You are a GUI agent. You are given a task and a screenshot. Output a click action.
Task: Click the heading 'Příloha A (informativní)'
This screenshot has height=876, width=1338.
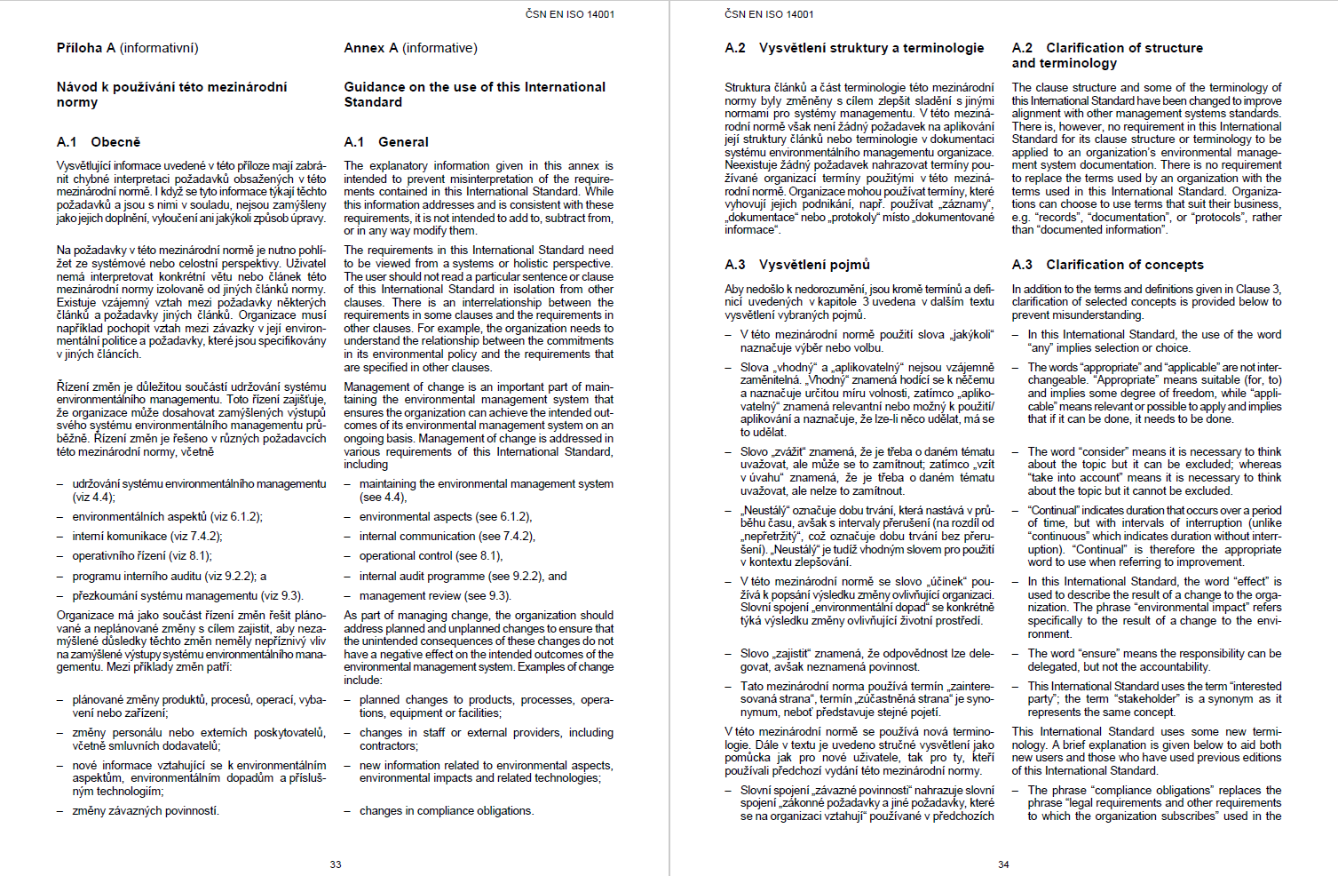(x=127, y=48)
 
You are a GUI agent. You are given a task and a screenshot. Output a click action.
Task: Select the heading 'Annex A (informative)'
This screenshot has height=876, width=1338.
(x=410, y=48)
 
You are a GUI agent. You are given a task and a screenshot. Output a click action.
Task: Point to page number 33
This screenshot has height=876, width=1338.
(x=336, y=864)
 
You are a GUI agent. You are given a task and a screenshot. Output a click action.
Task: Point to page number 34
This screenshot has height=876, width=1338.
(x=1003, y=864)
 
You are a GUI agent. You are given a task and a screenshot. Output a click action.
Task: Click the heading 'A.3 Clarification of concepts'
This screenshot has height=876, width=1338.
(x=1107, y=265)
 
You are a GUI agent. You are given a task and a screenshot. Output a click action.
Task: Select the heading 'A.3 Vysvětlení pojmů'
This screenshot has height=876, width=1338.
(x=797, y=265)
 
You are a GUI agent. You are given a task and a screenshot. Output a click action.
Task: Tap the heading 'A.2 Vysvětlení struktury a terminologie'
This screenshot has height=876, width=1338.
(x=854, y=48)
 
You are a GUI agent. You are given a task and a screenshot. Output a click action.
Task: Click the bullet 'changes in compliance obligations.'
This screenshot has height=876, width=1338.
(x=447, y=811)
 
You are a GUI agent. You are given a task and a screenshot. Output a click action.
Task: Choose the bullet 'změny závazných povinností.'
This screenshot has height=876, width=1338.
(x=146, y=811)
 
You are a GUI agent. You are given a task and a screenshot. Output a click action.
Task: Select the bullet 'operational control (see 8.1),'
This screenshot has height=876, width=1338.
(x=431, y=556)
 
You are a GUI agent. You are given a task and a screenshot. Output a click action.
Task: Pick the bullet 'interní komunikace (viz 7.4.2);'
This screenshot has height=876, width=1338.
(x=147, y=537)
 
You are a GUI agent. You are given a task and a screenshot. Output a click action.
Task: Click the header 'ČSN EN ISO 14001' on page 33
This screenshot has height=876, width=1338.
(x=569, y=14)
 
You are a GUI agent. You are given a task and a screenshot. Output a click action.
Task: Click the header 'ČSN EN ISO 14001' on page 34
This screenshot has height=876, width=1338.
(x=769, y=14)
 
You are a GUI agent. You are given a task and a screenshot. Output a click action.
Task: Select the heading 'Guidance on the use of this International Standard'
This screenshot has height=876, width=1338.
(x=474, y=94)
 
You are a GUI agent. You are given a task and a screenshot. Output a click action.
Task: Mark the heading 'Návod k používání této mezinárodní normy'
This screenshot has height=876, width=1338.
(x=171, y=94)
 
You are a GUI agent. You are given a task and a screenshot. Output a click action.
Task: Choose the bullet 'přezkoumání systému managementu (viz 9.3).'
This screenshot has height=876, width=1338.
(x=187, y=596)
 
